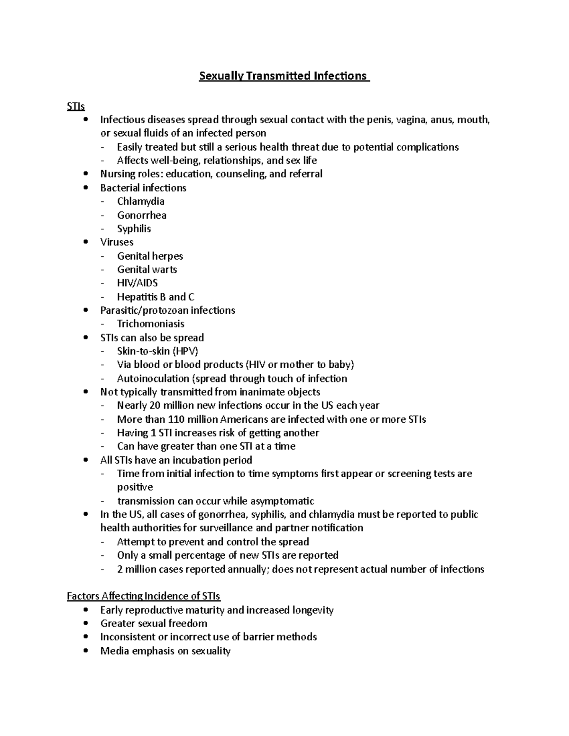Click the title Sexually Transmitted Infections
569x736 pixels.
[284, 76]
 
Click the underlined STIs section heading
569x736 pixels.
[76, 107]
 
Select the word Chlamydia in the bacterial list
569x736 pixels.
[141, 201]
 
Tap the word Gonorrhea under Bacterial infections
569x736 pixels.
[142, 215]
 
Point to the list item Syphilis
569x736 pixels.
[134, 229]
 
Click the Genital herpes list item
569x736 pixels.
[150, 256]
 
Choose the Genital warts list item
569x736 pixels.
[147, 270]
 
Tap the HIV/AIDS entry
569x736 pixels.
[138, 283]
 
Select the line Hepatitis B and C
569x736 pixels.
[156, 297]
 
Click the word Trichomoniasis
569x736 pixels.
[151, 324]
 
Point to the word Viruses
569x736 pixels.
[117, 242]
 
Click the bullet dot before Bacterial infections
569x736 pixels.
[85, 188]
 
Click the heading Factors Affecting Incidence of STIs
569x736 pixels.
[144, 596]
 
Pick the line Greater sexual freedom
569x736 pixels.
[154, 623]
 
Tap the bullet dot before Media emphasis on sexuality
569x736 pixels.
[85, 651]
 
